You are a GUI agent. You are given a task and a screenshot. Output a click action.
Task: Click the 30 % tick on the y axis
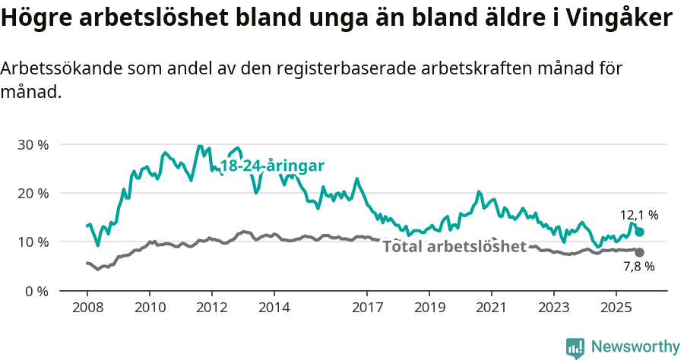coord(33,144)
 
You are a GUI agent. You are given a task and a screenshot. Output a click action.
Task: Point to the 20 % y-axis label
coord(33,193)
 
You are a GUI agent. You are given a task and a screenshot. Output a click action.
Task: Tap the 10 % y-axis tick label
coord(33,242)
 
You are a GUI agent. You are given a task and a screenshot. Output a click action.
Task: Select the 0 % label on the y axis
coord(36,291)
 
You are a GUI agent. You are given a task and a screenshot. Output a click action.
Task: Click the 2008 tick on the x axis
coord(87,308)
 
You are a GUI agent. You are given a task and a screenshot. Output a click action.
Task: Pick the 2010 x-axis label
coord(149,308)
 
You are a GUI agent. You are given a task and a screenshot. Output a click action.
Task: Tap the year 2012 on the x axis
coord(211,308)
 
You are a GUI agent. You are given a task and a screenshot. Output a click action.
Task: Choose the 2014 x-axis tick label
coord(274,308)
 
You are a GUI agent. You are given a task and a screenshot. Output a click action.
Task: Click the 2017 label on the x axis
coord(367,308)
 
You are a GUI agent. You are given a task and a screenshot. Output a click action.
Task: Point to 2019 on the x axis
coord(429,308)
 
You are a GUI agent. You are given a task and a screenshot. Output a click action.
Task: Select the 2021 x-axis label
coord(492,308)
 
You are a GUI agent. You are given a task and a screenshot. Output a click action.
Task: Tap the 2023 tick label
coord(554,308)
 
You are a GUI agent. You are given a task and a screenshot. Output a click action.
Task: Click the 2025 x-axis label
coord(616,308)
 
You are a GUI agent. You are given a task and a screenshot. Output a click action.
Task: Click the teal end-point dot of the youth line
coord(639,232)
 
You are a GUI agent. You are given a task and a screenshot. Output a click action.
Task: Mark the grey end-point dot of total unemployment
coord(639,252)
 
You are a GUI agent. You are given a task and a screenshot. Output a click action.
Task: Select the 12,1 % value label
coord(638,216)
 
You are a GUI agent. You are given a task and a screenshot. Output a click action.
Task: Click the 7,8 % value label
coord(638,267)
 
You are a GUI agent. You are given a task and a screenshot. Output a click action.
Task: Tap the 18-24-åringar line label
coord(272,166)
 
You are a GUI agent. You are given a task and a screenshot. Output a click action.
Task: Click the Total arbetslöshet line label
coord(454,247)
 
